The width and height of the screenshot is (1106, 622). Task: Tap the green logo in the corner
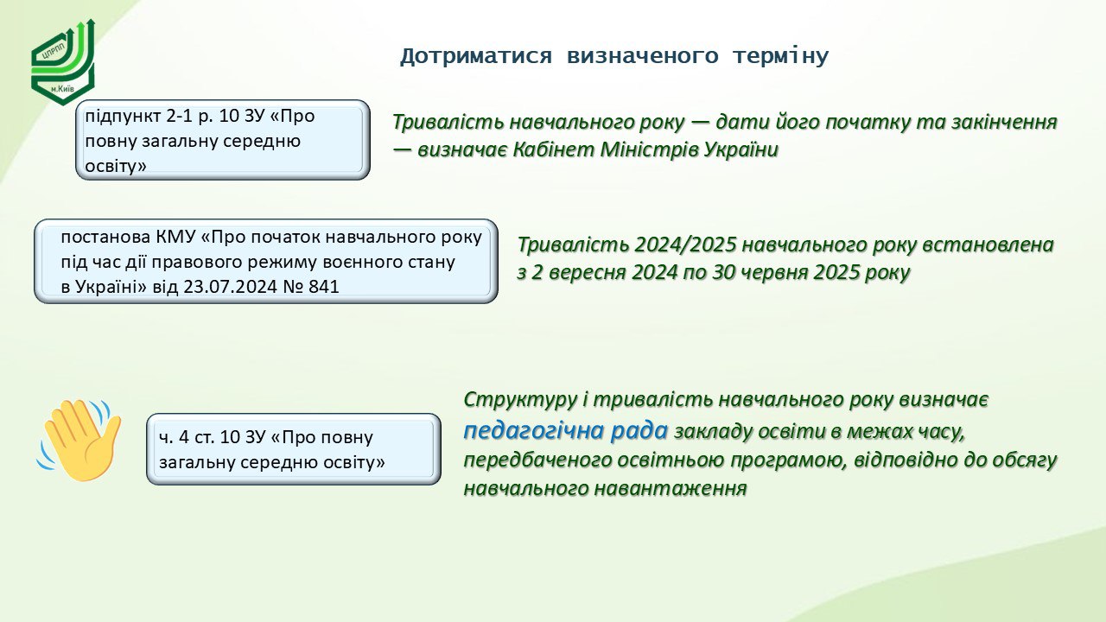tap(63, 62)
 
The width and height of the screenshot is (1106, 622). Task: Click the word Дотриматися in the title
tap(475, 56)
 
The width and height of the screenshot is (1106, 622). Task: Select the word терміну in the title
tap(780, 56)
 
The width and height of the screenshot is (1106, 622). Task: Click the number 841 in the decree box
tap(324, 287)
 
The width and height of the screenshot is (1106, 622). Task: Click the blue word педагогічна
tap(534, 431)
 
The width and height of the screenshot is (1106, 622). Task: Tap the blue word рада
tap(639, 431)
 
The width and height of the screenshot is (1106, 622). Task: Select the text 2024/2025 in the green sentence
tap(686, 244)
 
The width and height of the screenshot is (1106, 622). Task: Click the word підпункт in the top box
tap(123, 117)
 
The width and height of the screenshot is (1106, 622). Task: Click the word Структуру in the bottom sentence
tap(520, 400)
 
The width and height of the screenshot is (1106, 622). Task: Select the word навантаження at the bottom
tap(670, 488)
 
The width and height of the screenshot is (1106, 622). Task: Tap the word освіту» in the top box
tap(116, 166)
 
